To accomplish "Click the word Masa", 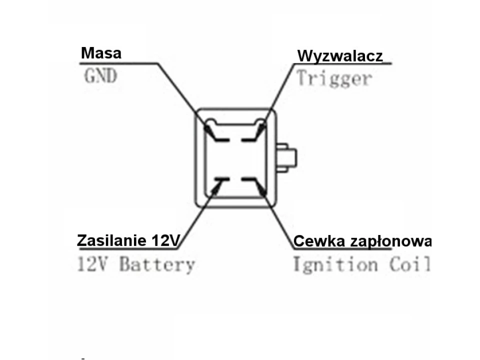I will click(101, 53).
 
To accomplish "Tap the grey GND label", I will click(100, 76).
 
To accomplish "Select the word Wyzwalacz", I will click(340, 56).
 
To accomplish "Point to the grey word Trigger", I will click(334, 78).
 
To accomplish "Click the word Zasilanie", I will click(111, 240).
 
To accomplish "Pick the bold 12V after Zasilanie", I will click(163, 240).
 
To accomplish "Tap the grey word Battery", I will click(156, 264).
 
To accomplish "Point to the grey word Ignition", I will click(334, 264).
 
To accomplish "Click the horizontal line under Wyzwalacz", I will click(340, 63).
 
